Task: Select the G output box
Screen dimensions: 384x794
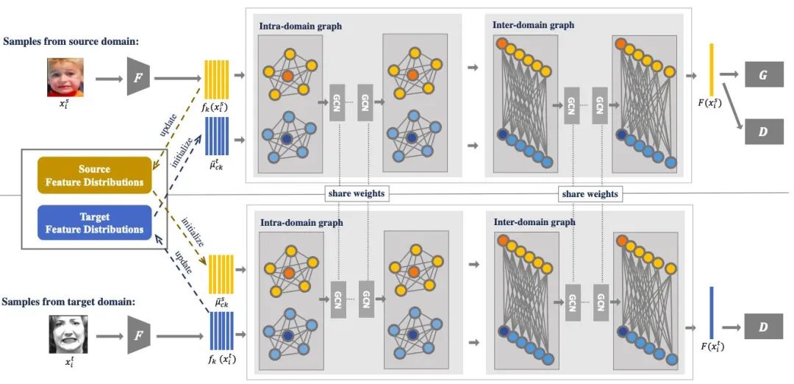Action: coord(763,74)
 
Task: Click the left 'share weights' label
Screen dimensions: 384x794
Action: coord(356,193)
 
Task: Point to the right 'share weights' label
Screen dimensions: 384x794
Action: coord(590,193)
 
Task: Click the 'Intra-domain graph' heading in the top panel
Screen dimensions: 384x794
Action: coord(300,26)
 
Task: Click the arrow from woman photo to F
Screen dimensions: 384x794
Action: coord(107,335)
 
